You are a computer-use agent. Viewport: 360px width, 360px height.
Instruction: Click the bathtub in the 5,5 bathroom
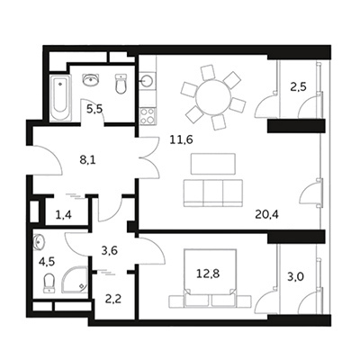60,97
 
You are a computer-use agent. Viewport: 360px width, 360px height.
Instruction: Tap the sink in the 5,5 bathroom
91,79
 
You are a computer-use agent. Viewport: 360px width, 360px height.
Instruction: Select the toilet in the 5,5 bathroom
121,84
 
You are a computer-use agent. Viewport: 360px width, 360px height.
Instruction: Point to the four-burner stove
148,116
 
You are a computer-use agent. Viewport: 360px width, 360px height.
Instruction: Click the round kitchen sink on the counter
148,80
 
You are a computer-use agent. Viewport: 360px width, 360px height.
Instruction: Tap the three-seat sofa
213,193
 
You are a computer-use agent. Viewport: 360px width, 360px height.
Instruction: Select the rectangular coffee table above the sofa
213,164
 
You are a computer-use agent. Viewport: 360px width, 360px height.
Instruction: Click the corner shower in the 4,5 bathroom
75,280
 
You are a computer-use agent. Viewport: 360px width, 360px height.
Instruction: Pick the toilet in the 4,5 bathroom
49,283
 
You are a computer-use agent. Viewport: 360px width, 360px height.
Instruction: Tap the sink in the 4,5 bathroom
40,242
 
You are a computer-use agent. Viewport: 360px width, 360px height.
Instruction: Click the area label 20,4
267,214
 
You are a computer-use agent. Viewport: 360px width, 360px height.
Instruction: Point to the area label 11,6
181,139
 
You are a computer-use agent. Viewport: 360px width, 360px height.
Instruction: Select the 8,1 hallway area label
87,160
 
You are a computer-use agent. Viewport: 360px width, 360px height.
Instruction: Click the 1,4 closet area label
64,215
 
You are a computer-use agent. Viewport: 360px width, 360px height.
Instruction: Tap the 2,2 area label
113,299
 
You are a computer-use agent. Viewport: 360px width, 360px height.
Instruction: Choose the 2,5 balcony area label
298,87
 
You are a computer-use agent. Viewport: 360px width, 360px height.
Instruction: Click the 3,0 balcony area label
295,276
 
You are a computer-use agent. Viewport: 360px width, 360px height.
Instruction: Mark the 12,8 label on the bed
208,274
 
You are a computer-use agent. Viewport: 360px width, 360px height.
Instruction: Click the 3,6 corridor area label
109,250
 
